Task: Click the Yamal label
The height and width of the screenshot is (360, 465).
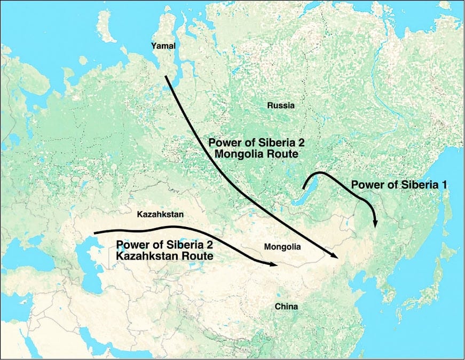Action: [164, 46]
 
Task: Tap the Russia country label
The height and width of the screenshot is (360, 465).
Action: [281, 106]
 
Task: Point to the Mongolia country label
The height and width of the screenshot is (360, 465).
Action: [282, 247]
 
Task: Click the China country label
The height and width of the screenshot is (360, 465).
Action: [286, 307]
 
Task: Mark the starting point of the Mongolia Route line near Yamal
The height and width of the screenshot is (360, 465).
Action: [166, 77]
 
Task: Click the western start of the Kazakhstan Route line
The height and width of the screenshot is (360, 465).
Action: [94, 233]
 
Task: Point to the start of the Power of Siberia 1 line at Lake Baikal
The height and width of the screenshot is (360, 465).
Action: [303, 189]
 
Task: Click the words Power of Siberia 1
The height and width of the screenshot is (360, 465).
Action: [398, 184]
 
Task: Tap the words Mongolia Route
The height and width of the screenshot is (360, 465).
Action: [254, 153]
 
